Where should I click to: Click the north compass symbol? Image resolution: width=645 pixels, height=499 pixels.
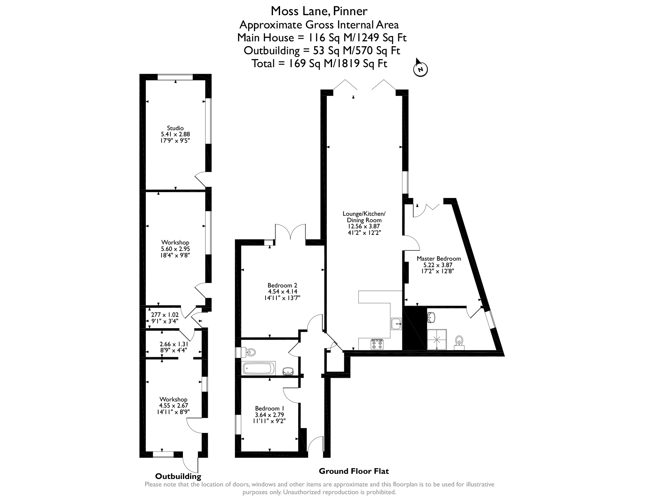tap(420, 68)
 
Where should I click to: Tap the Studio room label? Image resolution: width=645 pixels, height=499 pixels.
tap(175, 128)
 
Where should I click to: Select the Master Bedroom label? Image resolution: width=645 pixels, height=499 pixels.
tap(439, 259)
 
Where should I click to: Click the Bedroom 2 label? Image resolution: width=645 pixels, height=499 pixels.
tap(282, 286)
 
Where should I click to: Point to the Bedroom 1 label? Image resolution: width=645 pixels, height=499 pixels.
tap(269, 408)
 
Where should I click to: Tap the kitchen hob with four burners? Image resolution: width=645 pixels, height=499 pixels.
tap(377, 344)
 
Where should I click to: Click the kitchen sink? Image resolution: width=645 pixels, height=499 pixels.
tap(396, 324)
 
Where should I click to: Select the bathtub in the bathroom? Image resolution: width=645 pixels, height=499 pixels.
tap(259, 368)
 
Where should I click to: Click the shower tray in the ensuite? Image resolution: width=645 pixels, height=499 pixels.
tap(437, 339)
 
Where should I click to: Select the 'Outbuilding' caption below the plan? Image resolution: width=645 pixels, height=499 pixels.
tap(178, 476)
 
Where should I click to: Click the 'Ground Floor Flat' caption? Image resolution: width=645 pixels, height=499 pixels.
tap(354, 471)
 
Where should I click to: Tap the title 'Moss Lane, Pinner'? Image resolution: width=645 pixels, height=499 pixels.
tap(319, 11)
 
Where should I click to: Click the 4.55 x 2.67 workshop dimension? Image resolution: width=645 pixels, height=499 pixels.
tap(174, 406)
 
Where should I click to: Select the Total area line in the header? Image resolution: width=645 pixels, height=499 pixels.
tap(319, 63)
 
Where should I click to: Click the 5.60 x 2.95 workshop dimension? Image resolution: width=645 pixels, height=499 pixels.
tap(175, 249)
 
